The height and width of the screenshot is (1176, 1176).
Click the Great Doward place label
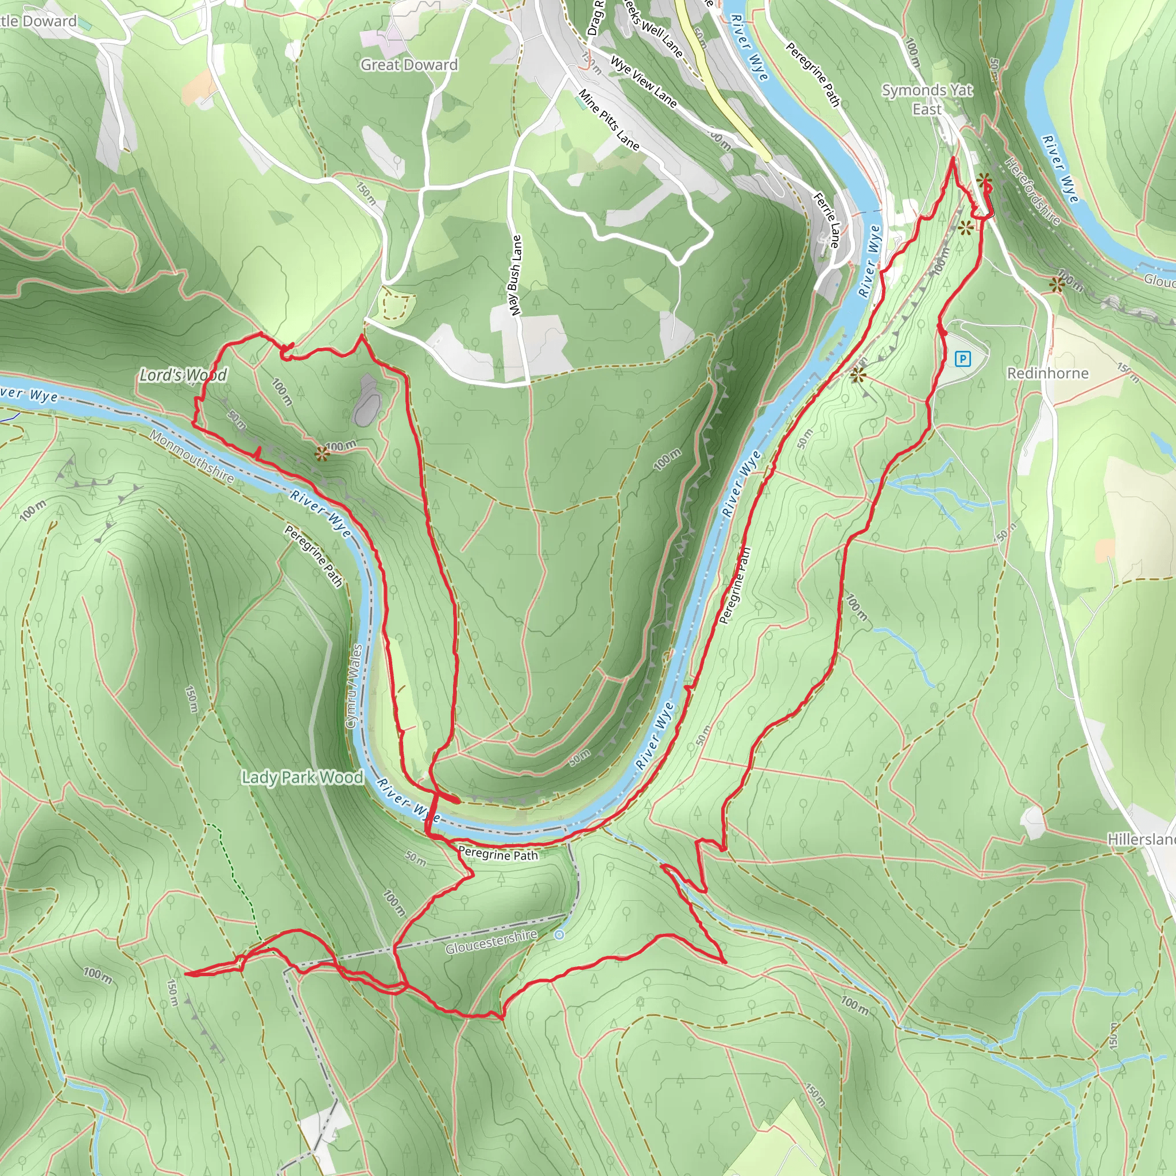(409, 64)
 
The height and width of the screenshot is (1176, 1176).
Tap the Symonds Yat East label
(927, 99)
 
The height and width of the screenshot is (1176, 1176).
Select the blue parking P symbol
(962, 358)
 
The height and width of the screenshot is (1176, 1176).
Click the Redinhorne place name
(1047, 373)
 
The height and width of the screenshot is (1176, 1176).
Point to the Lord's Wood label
(183, 375)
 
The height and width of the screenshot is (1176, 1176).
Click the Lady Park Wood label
(303, 777)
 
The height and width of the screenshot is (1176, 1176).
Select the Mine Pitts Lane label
(609, 120)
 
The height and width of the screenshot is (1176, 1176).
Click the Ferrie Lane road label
(827, 220)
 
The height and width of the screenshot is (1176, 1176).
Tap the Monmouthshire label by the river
(192, 457)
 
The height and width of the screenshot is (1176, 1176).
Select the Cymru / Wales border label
(354, 686)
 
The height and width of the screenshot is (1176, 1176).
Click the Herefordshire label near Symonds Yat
(1032, 191)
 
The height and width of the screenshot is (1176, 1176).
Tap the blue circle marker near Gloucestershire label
(559, 934)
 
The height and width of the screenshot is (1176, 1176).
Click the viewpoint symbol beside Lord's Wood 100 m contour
(322, 453)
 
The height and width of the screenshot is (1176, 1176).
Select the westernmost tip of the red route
(185, 974)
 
